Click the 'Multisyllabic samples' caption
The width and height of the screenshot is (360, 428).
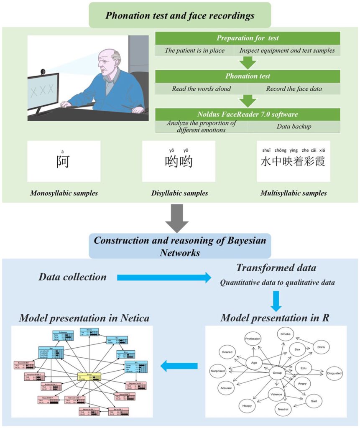coord(294,193)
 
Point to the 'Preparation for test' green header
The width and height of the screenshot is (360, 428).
coord(248,38)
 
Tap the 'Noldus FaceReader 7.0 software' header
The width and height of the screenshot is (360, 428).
coord(248,114)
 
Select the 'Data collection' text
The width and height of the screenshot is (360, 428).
coord(72,277)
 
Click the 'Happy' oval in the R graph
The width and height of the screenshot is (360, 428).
coord(248,405)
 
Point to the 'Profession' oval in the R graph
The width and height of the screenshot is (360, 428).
coord(253,339)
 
